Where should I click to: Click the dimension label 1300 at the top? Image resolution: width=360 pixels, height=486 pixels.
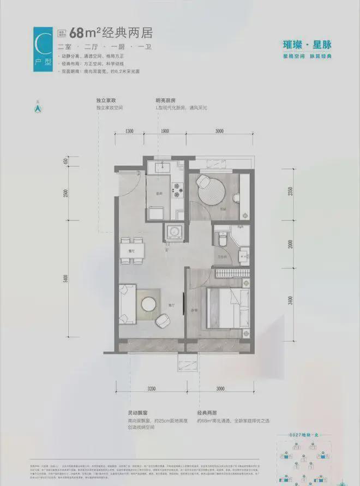point(129,131)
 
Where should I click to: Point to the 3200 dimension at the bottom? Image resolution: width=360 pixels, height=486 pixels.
point(151,388)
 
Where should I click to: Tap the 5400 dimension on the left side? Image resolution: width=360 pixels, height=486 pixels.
point(66,279)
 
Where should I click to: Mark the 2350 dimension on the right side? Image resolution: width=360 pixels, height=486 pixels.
point(290,191)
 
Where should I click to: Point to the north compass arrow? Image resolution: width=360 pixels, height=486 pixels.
point(38,108)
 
